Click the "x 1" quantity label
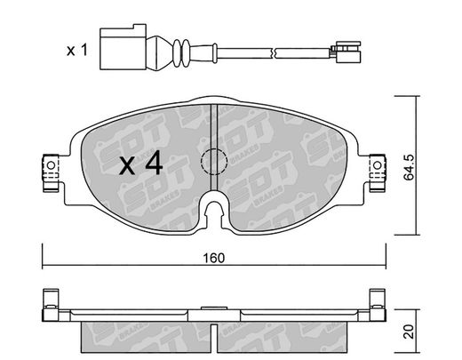[x=77, y=51]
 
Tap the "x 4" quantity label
[x=141, y=163]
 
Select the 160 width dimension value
[x=214, y=258]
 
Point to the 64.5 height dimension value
[x=410, y=167]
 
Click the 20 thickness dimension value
[x=410, y=332]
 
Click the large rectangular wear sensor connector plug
[x=123, y=47]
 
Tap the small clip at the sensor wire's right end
[x=346, y=52]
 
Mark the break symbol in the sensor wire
[x=274, y=53]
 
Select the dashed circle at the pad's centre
[x=214, y=162]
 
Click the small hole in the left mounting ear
[x=51, y=165]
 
